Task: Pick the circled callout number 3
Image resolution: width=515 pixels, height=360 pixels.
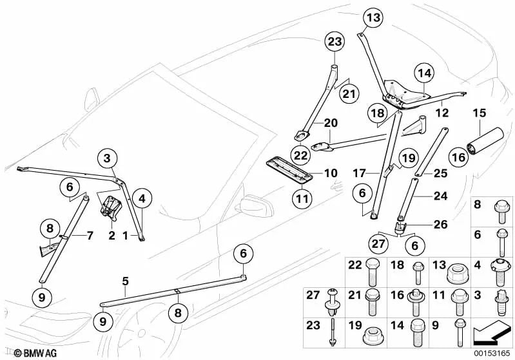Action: (x=108, y=158)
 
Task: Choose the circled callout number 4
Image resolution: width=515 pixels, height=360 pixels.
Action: (x=141, y=198)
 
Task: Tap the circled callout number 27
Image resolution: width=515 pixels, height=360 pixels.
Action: (x=379, y=243)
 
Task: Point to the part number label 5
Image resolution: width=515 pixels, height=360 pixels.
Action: (x=125, y=281)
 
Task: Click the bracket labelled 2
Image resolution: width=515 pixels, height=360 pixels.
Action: (x=110, y=207)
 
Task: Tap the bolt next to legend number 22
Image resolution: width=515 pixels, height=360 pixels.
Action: (x=372, y=272)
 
